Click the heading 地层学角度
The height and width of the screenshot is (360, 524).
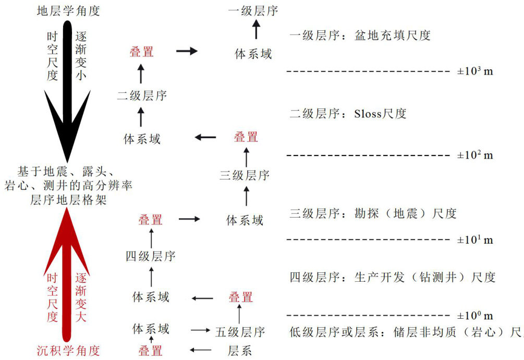point(68,10)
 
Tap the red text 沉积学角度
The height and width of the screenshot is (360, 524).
point(68,350)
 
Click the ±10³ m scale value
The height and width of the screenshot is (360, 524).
point(475,70)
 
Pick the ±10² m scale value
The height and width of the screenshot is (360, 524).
point(475,154)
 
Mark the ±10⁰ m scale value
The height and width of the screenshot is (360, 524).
point(475,315)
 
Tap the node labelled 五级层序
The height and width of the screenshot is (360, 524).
point(240,332)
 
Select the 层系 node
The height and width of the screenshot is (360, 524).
point(240,350)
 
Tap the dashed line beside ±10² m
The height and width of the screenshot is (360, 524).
point(368,155)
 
